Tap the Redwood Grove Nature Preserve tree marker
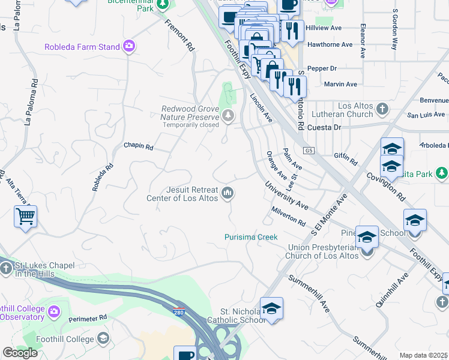click(228, 116)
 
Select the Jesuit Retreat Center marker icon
click(228, 193)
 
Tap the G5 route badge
click(309, 150)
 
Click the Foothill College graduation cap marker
click(103, 339)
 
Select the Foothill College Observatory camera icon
click(54, 311)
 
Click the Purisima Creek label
click(251, 237)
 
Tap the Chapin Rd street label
click(139, 146)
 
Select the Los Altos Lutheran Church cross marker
click(382, 109)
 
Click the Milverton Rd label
click(288, 216)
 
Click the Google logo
click(20, 353)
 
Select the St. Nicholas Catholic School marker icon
click(271, 309)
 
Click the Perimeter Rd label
click(87, 317)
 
